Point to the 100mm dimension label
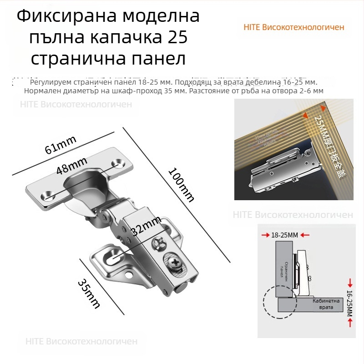[x=181, y=185]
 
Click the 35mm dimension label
[x=89, y=293]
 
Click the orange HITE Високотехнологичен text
[x=294, y=27]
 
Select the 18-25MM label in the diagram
[x=284, y=235]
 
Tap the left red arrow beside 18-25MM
[x=265, y=235]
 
